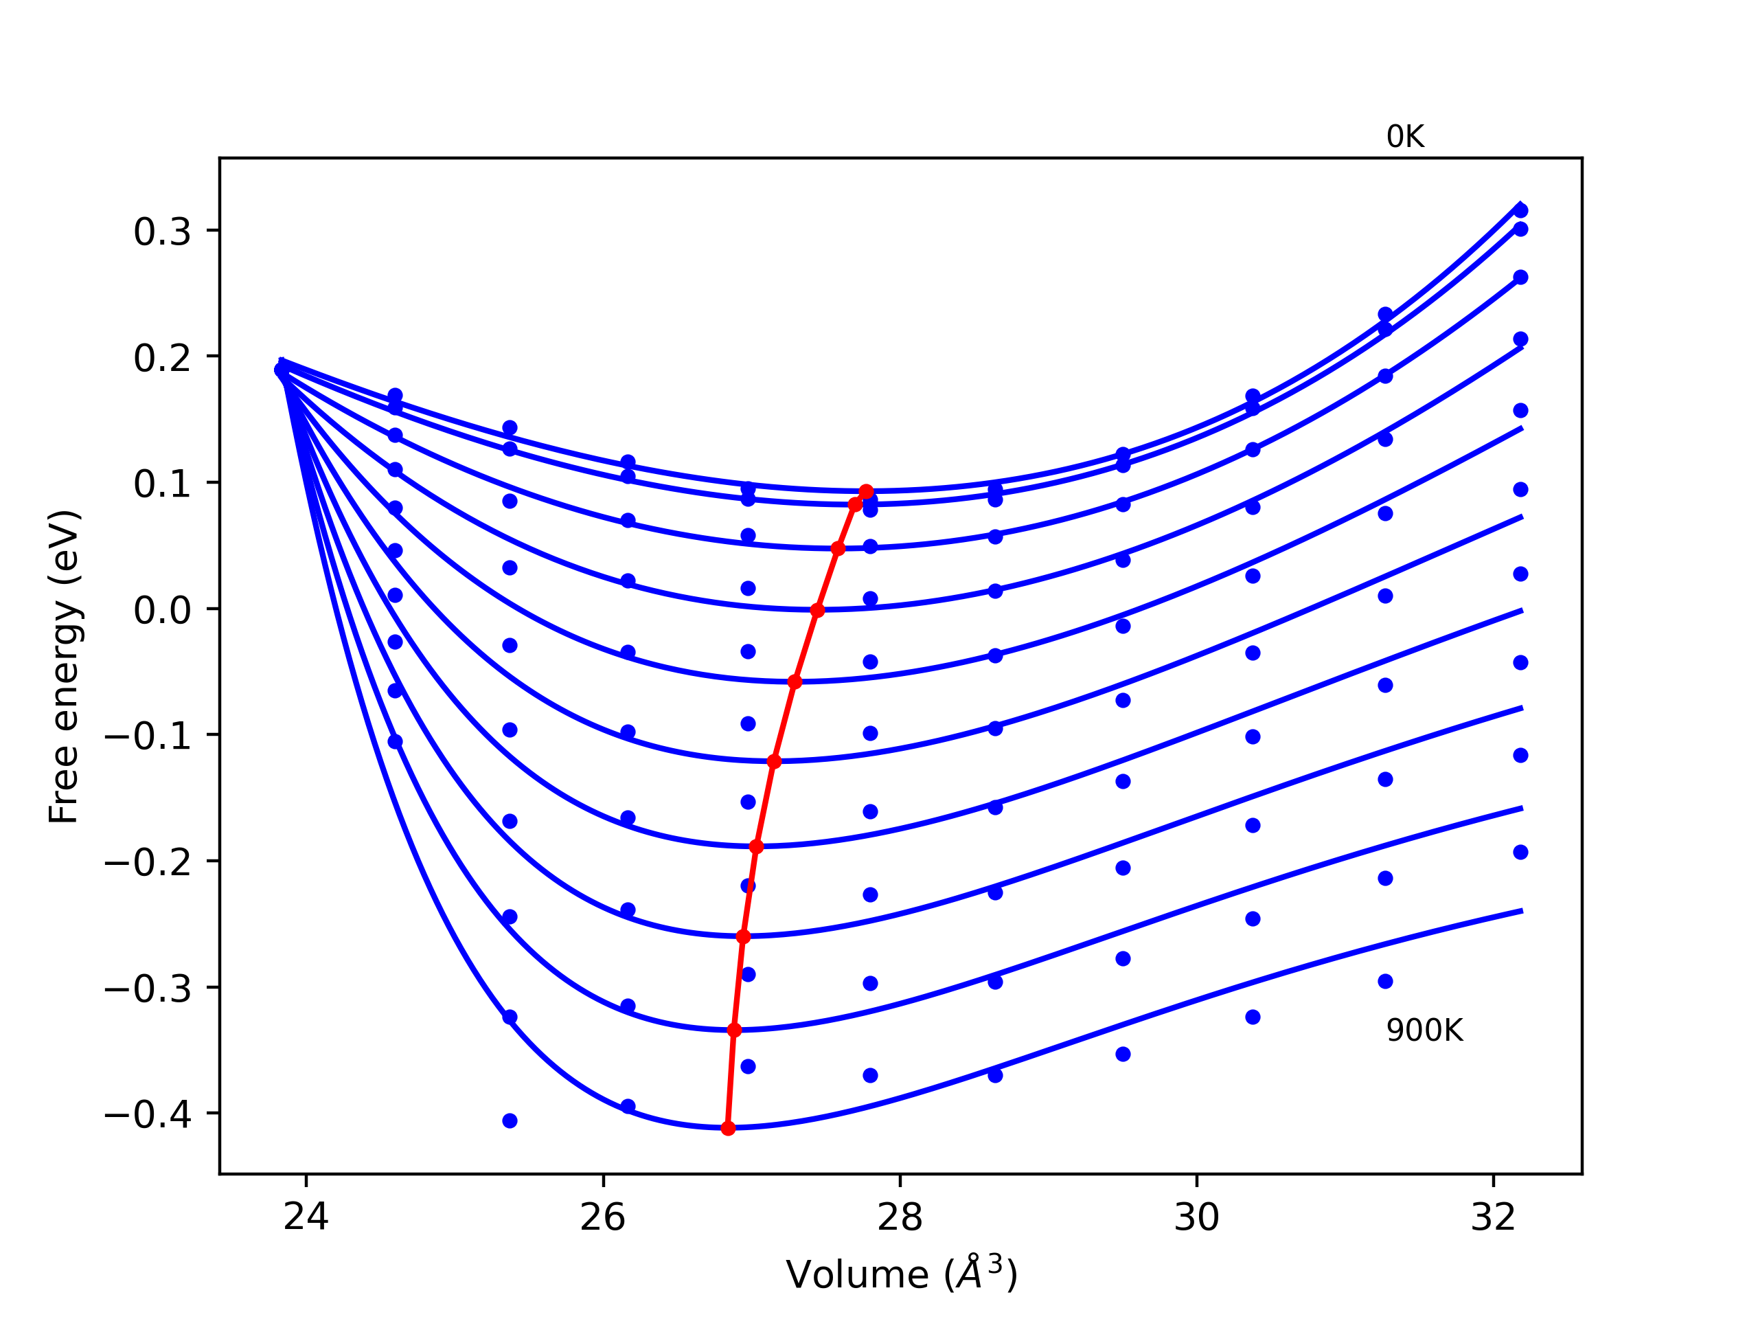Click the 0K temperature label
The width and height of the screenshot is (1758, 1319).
point(1405,137)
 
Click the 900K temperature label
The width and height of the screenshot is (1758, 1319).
point(1424,1031)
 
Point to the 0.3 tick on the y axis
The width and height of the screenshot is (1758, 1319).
point(162,232)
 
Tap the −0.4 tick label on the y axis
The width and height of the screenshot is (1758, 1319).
point(148,1116)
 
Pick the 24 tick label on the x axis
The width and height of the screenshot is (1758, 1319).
point(306,1217)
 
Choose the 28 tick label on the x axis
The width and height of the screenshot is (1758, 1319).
point(900,1217)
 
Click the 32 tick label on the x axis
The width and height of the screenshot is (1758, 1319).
point(1494,1217)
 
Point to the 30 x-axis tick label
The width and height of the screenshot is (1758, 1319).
point(1197,1217)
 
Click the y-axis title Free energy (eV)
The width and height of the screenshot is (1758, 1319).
point(64,667)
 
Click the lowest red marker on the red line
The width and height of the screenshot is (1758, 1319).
point(728,1128)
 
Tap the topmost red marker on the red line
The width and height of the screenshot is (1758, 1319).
point(866,492)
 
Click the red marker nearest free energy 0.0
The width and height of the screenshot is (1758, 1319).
point(817,611)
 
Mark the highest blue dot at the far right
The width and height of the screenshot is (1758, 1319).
point(1520,211)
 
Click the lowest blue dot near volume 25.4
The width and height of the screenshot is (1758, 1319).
point(510,1121)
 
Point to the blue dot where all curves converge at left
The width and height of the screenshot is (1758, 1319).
point(281,370)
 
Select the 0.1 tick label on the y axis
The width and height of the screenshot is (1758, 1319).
point(162,484)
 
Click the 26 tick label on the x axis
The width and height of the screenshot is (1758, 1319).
point(603,1217)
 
